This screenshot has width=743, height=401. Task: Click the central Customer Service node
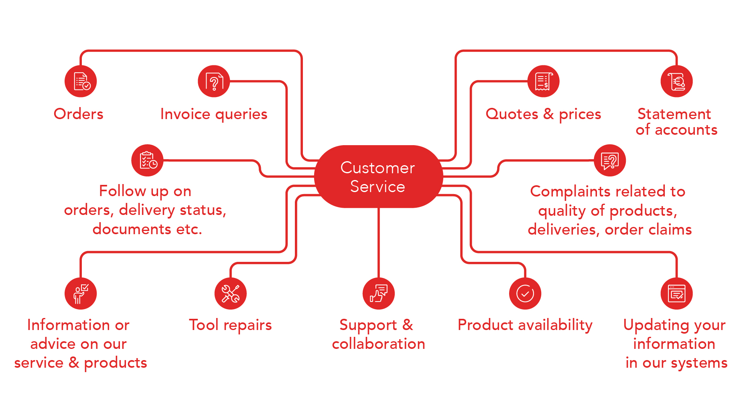point(378,176)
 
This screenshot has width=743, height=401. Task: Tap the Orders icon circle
point(81,81)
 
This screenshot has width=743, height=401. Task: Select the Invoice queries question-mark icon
point(214,81)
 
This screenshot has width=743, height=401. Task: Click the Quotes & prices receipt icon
point(543,81)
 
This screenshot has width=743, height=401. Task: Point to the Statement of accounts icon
point(676,81)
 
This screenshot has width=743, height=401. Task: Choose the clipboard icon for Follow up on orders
point(147,160)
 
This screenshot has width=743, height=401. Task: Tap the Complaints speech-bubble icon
point(610,160)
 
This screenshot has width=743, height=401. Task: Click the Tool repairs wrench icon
point(230,294)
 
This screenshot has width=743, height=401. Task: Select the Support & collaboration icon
point(378,294)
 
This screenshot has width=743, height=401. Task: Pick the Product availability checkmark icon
point(525,294)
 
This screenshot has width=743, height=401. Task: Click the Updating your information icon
point(676,294)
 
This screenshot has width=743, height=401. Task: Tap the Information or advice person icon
point(81,294)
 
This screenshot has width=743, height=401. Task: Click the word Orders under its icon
point(79,114)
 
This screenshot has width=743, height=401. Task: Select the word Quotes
point(512,114)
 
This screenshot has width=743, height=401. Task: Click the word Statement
point(674,114)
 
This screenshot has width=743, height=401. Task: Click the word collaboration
point(378,344)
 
